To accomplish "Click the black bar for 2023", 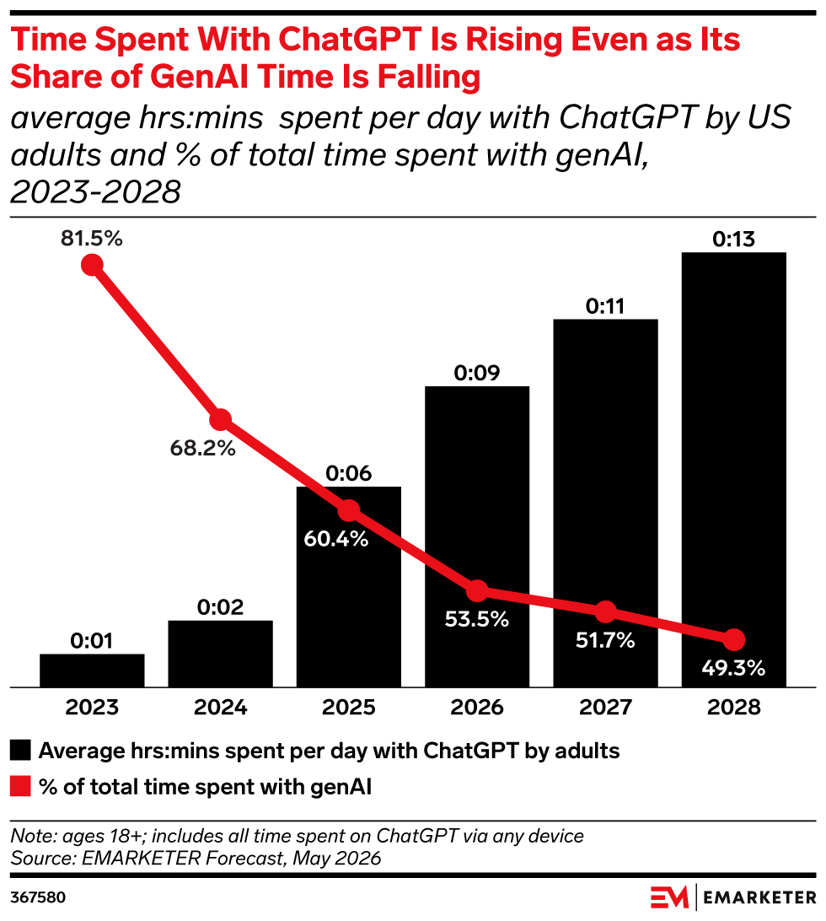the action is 92,671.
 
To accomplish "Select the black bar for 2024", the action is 220,654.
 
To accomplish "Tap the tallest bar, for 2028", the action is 734,470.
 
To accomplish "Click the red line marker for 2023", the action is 92,265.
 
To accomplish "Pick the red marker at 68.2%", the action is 220,419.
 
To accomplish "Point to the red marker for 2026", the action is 477,591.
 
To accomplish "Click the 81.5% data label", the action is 92,239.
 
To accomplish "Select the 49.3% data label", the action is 733,668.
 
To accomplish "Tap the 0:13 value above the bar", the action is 734,239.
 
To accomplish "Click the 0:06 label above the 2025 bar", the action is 349,473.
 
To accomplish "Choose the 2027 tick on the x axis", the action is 605,707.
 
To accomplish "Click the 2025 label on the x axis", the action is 349,707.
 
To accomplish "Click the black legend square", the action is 20,751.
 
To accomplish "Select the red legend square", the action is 20,787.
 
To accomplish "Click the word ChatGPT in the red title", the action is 350,40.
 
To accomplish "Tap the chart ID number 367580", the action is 38,897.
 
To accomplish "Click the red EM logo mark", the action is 669,897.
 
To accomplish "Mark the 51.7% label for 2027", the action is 605,639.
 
